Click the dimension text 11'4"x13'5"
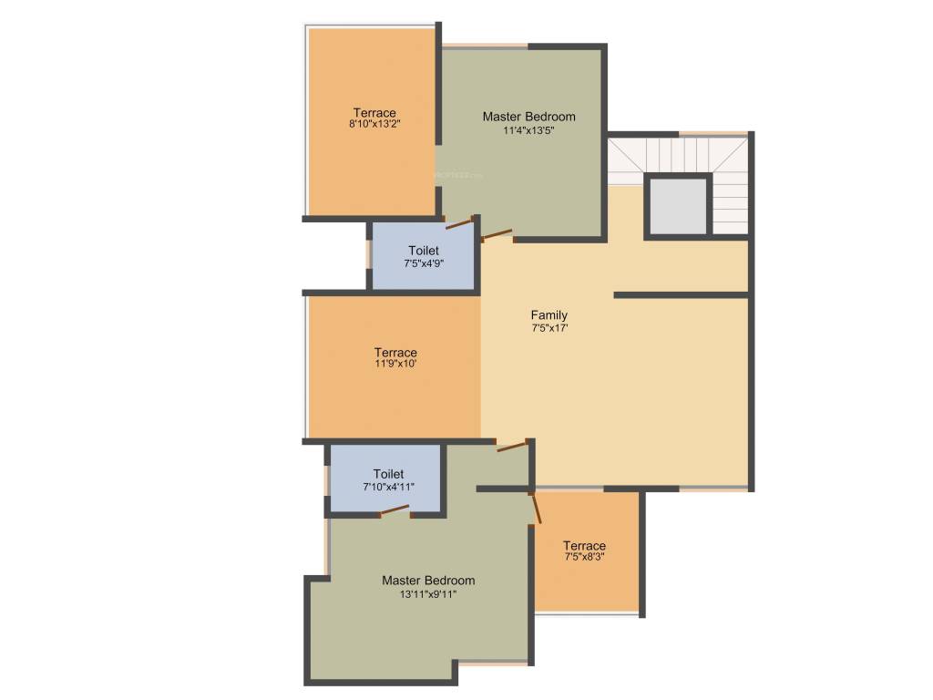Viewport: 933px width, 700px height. (528, 130)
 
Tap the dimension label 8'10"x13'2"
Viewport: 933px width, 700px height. (374, 124)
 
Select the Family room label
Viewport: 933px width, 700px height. (549, 315)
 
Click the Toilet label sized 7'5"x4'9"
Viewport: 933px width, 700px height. (424, 251)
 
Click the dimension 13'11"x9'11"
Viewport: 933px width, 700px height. (427, 593)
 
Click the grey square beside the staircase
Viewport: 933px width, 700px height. (677, 206)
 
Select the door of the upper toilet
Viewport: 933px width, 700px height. (459, 221)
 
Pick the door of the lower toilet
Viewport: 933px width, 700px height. (395, 510)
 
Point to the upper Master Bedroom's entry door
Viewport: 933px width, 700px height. (497, 234)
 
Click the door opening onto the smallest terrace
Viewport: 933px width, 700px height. (536, 506)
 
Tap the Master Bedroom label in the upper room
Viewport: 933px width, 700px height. (528, 117)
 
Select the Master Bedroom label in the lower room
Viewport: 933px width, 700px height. (428, 581)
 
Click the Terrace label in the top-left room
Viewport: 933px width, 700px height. (374, 113)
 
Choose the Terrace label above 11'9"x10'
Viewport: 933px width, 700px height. (395, 353)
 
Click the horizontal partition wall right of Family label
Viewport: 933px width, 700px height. (681, 295)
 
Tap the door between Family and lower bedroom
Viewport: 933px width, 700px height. (512, 446)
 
